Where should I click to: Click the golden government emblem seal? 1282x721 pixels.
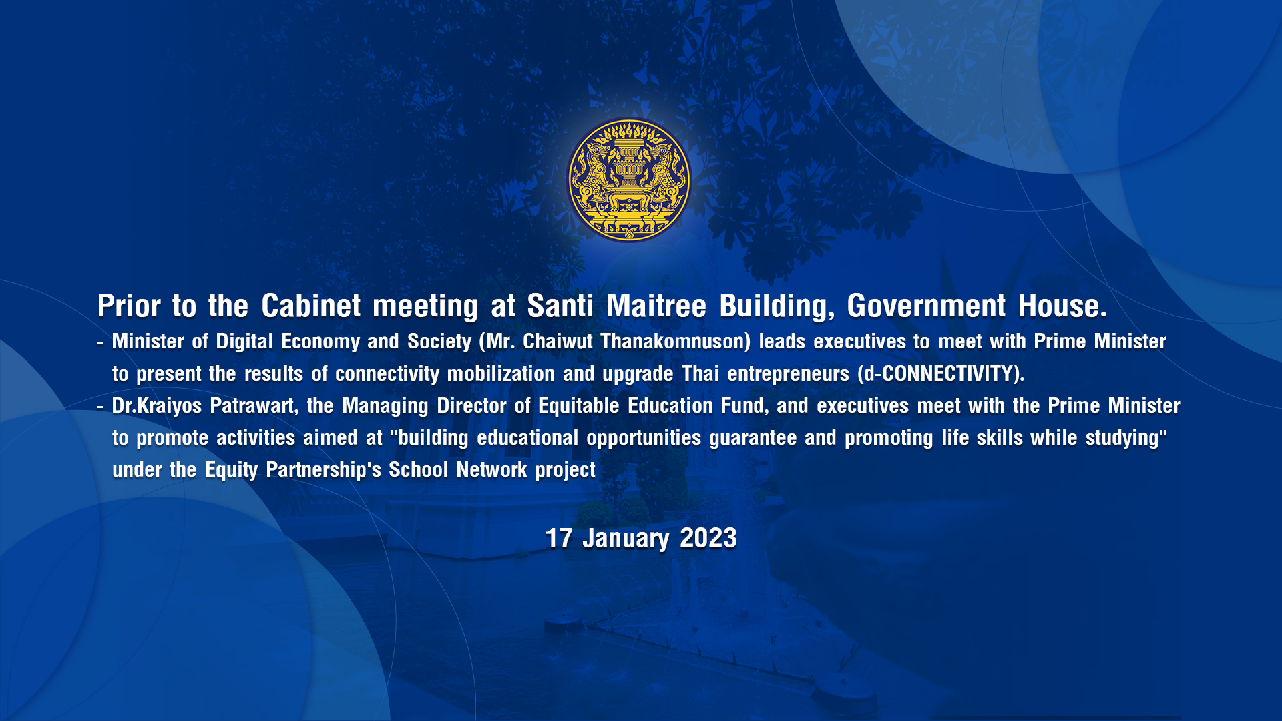click(x=629, y=180)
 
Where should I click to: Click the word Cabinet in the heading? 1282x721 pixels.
click(x=311, y=306)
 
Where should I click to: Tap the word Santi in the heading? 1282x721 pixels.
click(x=560, y=306)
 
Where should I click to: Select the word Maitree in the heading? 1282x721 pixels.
click(x=656, y=306)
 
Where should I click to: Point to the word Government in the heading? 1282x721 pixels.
click(x=926, y=306)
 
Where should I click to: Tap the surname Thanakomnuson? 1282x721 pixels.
click(x=675, y=342)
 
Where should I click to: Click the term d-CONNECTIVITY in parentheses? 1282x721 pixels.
click(x=939, y=374)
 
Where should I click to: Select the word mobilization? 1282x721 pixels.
click(x=501, y=374)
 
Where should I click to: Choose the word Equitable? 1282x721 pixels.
click(x=579, y=406)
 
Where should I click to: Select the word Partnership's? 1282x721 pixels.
click(x=323, y=470)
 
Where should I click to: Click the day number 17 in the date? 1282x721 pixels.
click(x=559, y=538)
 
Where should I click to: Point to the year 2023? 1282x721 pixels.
click(x=708, y=538)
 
